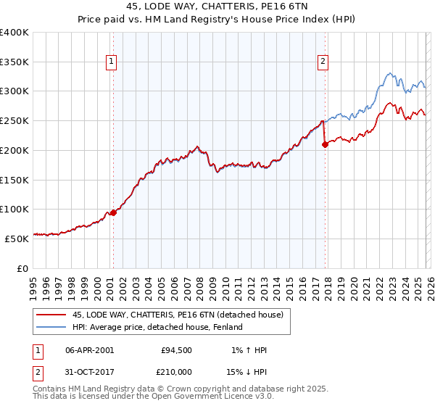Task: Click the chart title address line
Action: [217, 7]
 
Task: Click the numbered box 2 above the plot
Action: [322, 62]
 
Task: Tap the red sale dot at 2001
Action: [113, 212]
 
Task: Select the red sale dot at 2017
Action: [325, 144]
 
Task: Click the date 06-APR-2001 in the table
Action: [89, 350]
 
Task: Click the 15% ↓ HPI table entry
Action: [245, 372]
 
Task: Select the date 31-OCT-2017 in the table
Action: [89, 372]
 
